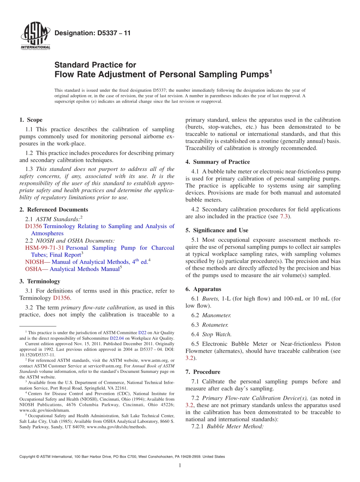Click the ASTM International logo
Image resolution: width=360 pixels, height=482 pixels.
point(35,36)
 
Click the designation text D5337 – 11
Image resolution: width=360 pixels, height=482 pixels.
point(92,33)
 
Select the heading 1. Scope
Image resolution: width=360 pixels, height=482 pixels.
point(31,120)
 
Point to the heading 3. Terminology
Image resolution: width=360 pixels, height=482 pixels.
point(40,281)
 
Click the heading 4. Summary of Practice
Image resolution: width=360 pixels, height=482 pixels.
point(218,162)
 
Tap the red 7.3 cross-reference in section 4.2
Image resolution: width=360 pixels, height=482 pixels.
point(284,216)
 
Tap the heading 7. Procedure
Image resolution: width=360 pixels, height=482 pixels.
point(203,372)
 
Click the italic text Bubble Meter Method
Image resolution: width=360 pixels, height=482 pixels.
point(235,426)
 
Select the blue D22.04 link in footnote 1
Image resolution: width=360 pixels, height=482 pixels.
point(117,338)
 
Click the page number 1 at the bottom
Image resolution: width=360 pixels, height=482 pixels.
point(180,466)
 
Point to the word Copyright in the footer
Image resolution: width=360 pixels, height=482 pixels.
point(27,457)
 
